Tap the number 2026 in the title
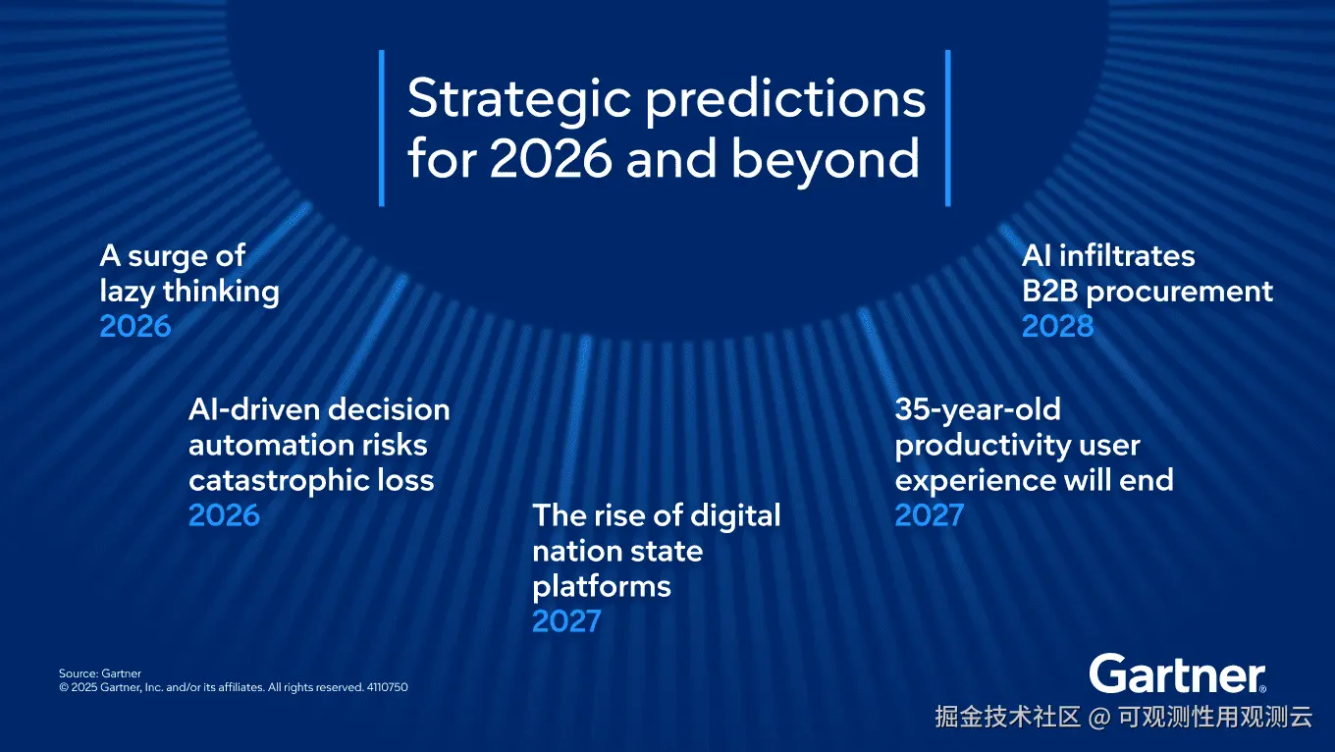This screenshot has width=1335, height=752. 552,158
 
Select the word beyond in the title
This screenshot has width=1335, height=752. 826,161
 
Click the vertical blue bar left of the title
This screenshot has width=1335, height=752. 382,128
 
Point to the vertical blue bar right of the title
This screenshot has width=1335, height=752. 947,128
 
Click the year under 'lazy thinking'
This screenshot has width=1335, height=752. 135,326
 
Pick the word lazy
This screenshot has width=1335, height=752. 127,293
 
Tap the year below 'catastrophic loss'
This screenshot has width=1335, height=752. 224,514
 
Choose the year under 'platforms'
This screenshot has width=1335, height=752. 566,620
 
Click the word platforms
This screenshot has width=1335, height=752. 602,587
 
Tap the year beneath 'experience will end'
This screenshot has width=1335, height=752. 930,514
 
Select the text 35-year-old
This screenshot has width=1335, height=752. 978,410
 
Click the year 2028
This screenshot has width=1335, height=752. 1058,326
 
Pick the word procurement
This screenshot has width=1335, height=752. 1180,293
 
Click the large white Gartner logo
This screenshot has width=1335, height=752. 1178,673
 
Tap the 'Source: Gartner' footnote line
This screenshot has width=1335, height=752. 99,673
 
